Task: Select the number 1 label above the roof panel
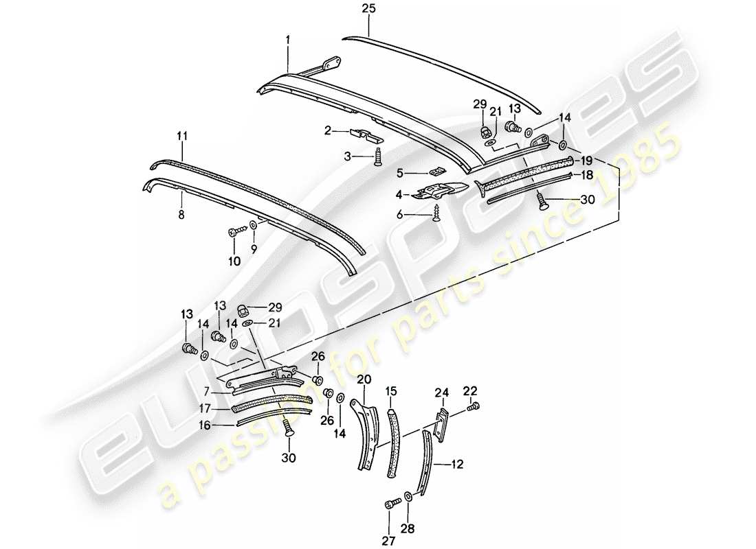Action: (289, 41)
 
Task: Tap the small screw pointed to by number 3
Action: (379, 158)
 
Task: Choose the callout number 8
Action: (182, 215)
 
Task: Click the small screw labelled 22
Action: (471, 408)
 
